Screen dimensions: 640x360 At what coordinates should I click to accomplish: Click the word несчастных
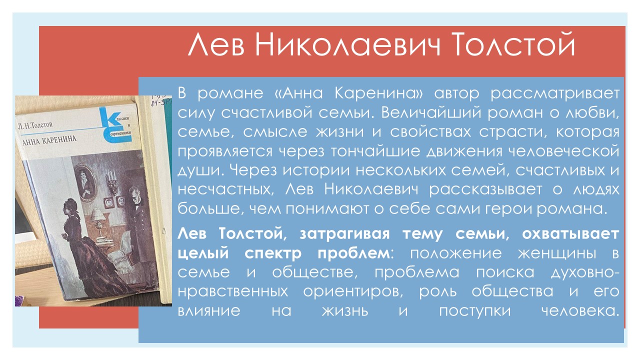[x=225, y=189]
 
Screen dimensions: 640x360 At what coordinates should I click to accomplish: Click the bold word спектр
[x=273, y=253]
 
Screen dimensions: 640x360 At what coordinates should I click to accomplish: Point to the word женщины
[x=557, y=253]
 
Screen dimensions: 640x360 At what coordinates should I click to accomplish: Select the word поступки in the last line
[x=474, y=311]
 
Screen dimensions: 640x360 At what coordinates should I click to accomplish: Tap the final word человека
[x=580, y=311]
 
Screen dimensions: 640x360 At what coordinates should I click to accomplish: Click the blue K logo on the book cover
[x=115, y=125]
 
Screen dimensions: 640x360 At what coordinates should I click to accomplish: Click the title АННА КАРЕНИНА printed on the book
[x=49, y=140]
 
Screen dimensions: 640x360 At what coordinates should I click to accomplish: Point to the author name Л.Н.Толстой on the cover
[x=35, y=125]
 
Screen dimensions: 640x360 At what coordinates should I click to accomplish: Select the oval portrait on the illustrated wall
[x=85, y=182]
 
